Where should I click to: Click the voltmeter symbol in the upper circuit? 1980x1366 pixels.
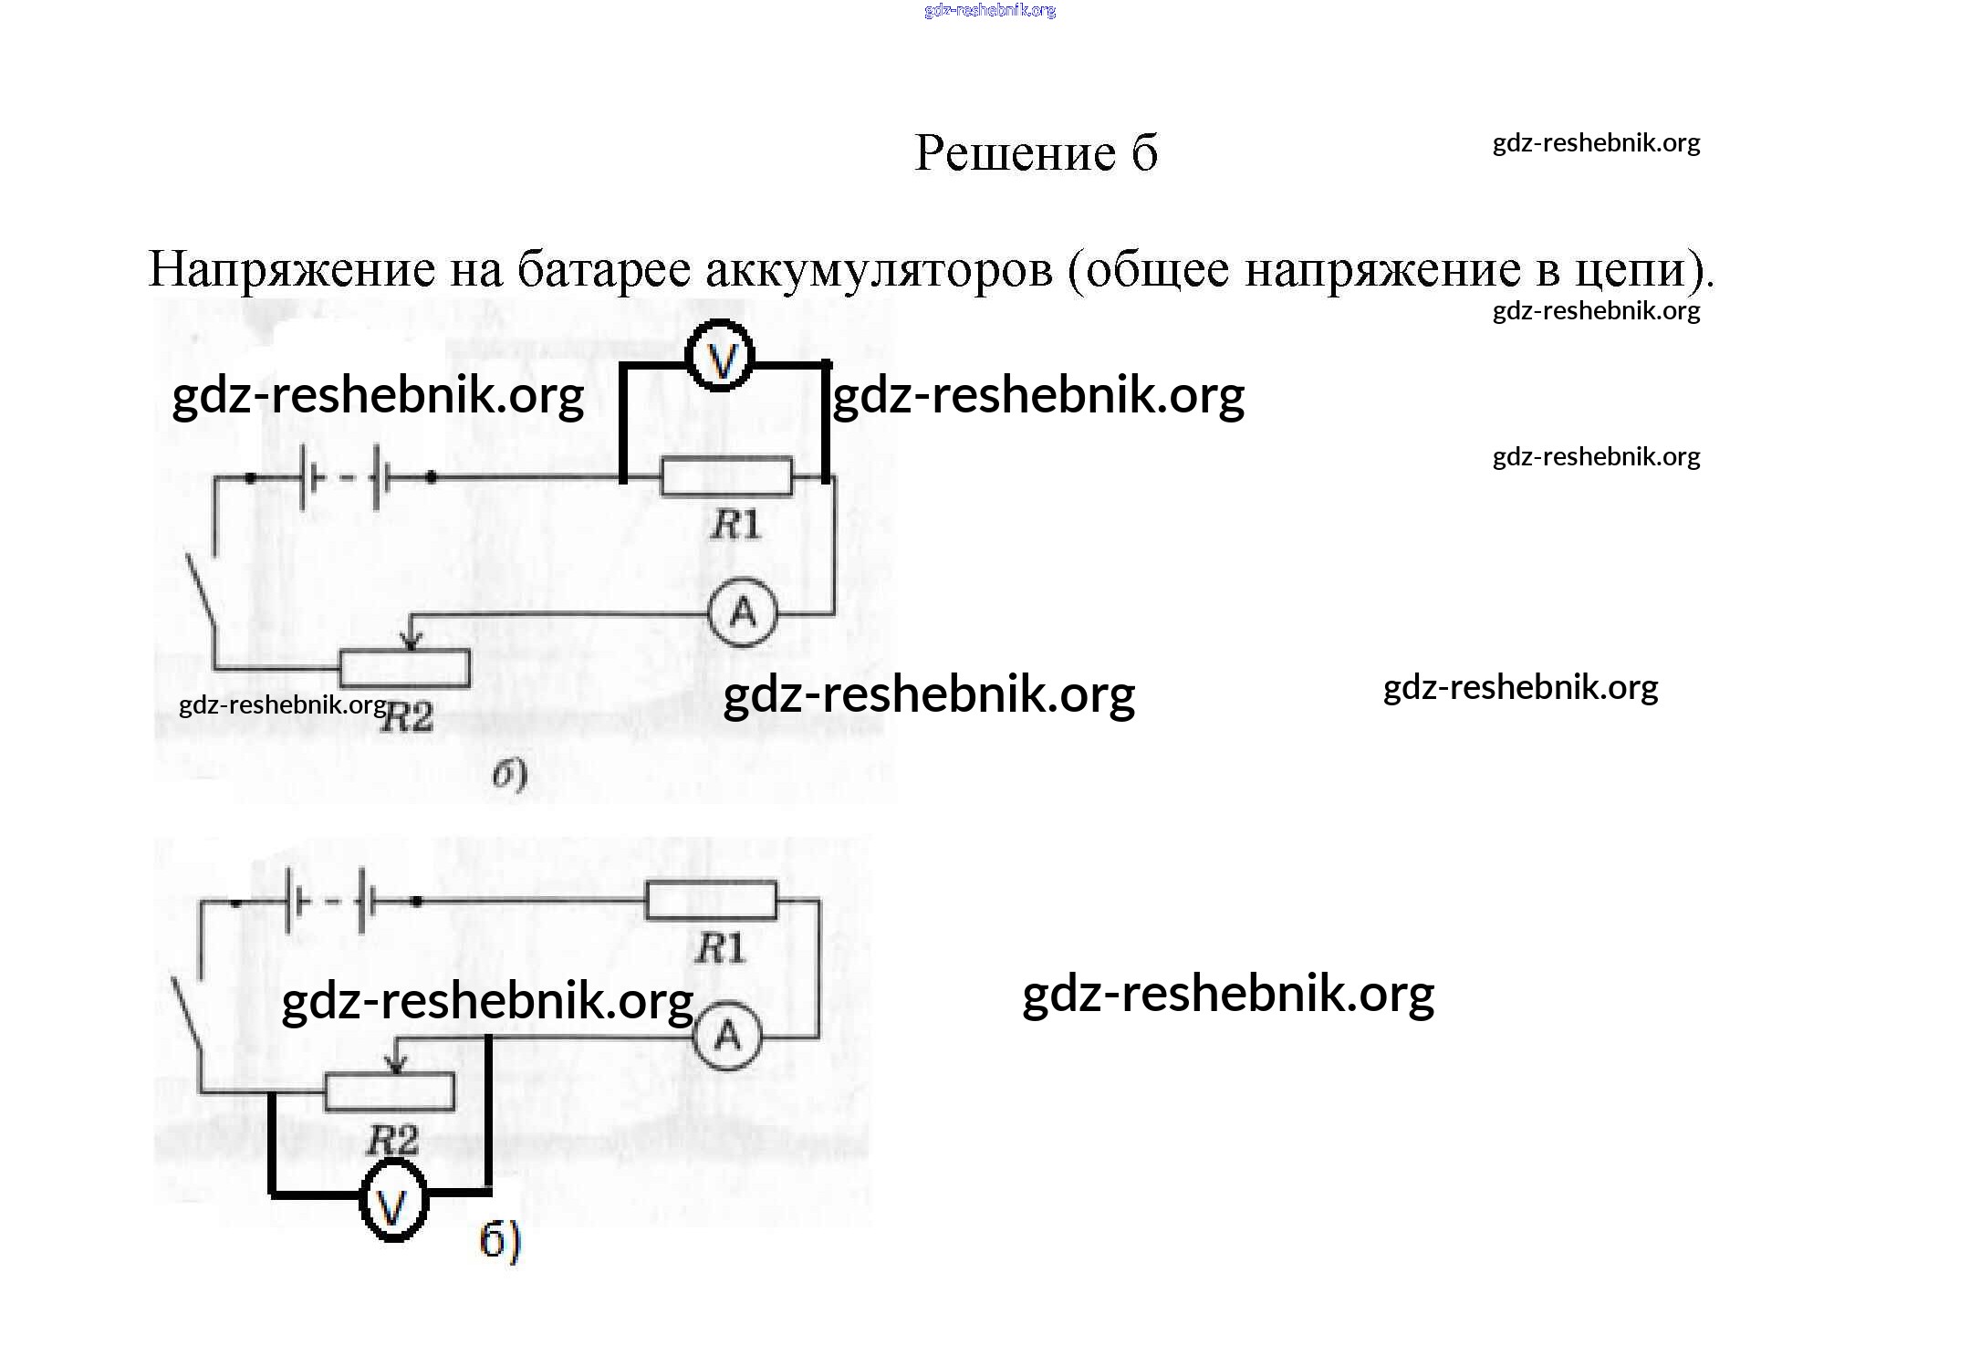click(x=721, y=357)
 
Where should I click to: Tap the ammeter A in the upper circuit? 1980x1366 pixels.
click(x=743, y=612)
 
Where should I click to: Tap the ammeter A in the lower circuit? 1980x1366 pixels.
click(x=727, y=1036)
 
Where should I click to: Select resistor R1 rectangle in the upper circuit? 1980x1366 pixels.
click(x=726, y=475)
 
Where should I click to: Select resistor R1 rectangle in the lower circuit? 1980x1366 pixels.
click(x=711, y=900)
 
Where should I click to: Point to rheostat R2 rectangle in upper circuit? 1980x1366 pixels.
click(x=405, y=668)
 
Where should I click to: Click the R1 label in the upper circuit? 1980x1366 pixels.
click(x=735, y=525)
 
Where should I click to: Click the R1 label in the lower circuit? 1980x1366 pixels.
click(x=720, y=949)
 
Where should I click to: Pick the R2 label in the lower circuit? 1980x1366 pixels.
click(x=392, y=1141)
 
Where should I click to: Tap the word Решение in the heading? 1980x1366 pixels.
click(x=1015, y=153)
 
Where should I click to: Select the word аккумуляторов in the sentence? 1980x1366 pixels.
click(x=879, y=270)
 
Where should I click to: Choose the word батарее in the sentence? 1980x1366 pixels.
click(x=604, y=270)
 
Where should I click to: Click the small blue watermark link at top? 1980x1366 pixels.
click(x=990, y=11)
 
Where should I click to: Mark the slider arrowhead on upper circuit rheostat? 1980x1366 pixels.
click(x=412, y=643)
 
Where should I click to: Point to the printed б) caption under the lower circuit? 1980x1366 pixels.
click(x=500, y=1241)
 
